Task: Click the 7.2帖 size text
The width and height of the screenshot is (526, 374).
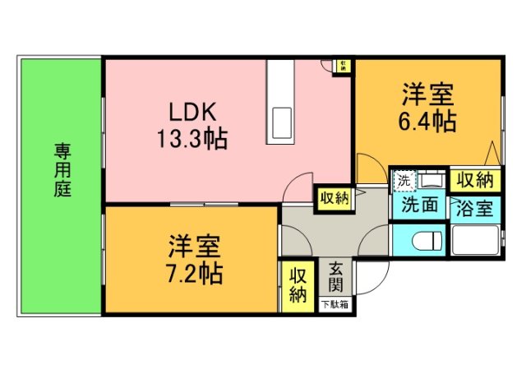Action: pyautogui.click(x=195, y=271)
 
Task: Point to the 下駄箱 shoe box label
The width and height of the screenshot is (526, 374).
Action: pyautogui.click(x=335, y=305)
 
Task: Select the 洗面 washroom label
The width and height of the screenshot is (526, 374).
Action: pyautogui.click(x=418, y=206)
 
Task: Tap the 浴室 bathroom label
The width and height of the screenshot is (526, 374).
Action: pyautogui.click(x=474, y=206)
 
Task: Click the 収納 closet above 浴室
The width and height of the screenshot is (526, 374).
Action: pyautogui.click(x=474, y=179)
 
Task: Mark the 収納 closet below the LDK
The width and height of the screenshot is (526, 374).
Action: pyautogui.click(x=335, y=197)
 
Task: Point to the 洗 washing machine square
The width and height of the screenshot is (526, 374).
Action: pyautogui.click(x=404, y=179)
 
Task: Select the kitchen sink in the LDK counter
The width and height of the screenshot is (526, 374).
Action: pyautogui.click(x=281, y=123)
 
